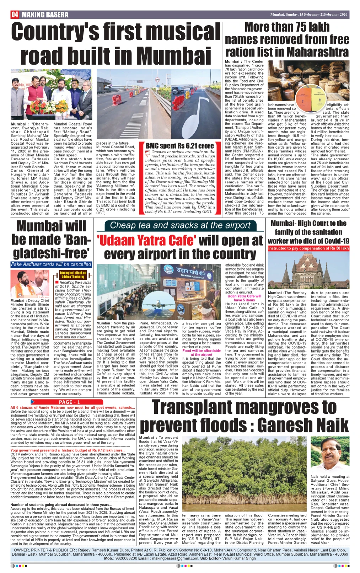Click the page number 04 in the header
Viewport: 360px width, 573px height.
pyautogui.click(x=15, y=15)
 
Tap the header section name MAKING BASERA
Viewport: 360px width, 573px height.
pyautogui.click(x=45, y=15)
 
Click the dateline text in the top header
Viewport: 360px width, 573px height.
pyautogui.click(x=308, y=15)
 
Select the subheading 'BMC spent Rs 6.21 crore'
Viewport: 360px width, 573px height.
pyautogui.click(x=180, y=146)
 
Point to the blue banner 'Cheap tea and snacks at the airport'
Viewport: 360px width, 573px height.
pyautogui.click(x=180, y=225)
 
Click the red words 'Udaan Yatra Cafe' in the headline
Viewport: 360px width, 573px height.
pyautogui.click(x=146, y=241)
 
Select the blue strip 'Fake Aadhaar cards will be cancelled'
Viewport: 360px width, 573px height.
pyautogui.click(x=51, y=264)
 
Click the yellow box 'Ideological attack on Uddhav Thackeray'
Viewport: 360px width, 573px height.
pyautogui.click(x=73, y=275)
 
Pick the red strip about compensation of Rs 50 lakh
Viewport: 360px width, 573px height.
pyautogui.click(x=308, y=248)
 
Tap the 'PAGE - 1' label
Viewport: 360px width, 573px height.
pyautogui.click(x=69, y=402)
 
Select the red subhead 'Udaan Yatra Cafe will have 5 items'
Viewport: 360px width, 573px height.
pyautogui.click(x=244, y=298)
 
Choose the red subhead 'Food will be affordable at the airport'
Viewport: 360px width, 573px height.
pyautogui.click(x=202, y=353)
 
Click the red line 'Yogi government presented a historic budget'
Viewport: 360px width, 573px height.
pyautogui.click(x=68, y=450)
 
